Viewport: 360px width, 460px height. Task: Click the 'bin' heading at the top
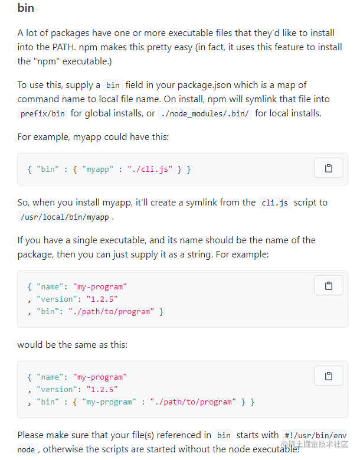click(26, 8)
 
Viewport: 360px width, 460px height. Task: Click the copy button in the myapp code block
click(328, 168)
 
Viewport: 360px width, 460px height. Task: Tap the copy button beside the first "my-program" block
click(328, 285)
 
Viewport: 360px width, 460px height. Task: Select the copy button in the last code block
click(328, 376)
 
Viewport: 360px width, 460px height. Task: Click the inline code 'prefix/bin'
click(42, 113)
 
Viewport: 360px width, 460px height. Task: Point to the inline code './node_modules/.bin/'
click(205, 113)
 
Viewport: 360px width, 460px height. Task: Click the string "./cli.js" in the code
click(150, 169)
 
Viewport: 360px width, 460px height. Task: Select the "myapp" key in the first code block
click(97, 169)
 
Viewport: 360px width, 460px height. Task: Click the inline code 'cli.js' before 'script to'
click(274, 203)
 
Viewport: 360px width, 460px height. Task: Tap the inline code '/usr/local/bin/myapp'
click(64, 217)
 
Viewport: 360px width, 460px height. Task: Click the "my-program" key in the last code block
click(109, 402)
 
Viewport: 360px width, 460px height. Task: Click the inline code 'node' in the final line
click(26, 449)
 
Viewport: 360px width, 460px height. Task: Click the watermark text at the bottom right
click(315, 445)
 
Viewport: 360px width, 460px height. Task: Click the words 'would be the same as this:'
click(73, 344)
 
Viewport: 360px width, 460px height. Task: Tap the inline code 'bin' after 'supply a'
click(113, 86)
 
